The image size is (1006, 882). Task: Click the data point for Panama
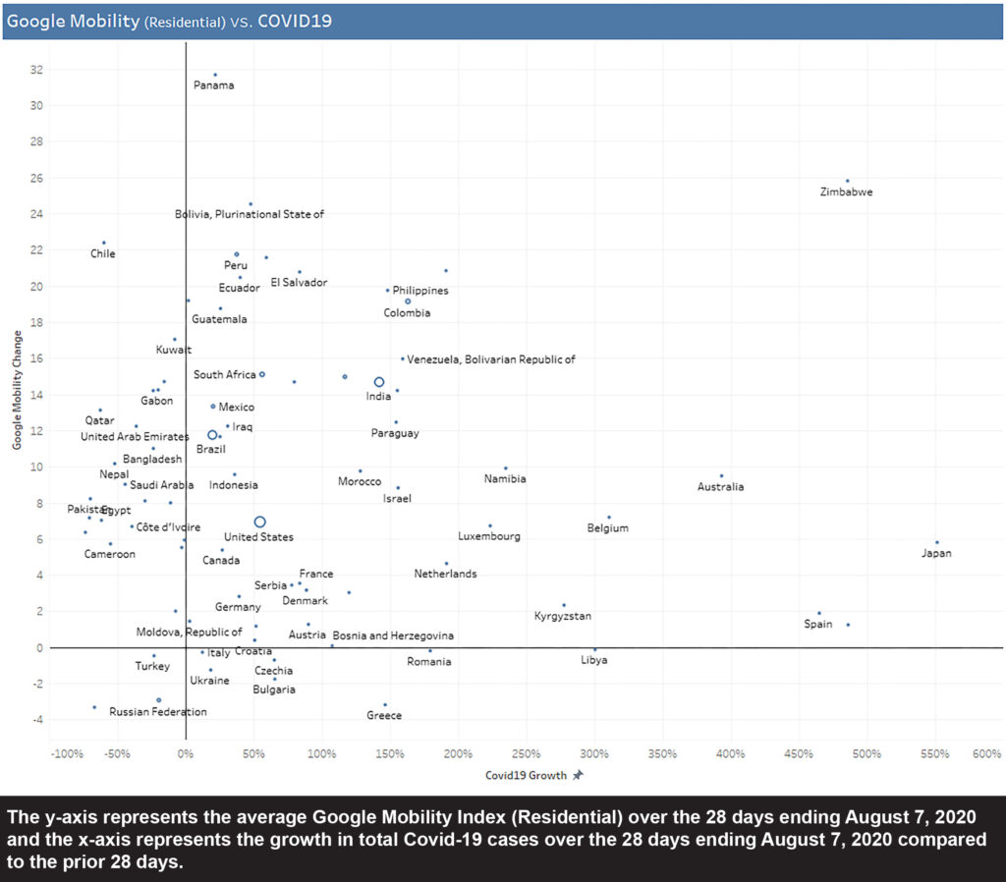[215, 75]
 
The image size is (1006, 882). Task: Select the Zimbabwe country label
[846, 193]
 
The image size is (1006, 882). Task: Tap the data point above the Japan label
[937, 542]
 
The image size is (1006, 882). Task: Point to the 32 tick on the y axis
[36, 70]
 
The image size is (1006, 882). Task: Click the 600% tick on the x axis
[986, 754]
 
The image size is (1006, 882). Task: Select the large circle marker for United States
[260, 523]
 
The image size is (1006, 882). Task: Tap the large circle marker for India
[379, 382]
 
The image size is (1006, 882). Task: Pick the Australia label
[720, 487]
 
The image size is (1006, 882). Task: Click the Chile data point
[103, 243]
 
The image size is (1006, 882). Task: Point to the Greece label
[384, 716]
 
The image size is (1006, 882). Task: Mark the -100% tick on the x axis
[66, 754]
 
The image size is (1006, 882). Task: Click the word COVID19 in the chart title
[295, 20]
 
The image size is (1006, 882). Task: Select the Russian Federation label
[157, 712]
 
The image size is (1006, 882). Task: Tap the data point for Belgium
[608, 517]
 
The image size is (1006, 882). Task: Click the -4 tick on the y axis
[38, 720]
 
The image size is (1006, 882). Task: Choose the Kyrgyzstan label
[562, 617]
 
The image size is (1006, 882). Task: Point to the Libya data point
[594, 649]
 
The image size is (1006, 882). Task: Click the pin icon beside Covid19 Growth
[579, 775]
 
